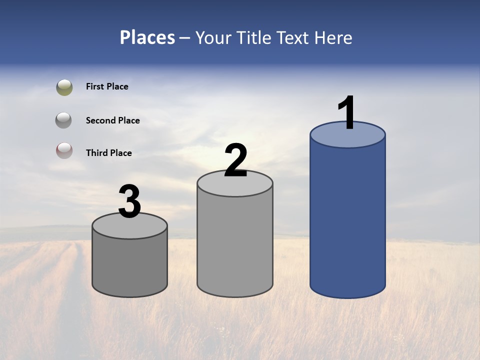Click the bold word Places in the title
[x=147, y=37]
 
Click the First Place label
[x=107, y=86]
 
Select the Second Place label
[x=112, y=120]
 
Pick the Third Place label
[x=108, y=153]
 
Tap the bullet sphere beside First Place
[x=64, y=87]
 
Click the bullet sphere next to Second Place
[x=64, y=120]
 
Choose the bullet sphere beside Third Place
[x=64, y=150]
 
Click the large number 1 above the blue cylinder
[x=346, y=113]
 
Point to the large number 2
[x=235, y=160]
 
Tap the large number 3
[x=129, y=201]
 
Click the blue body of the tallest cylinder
[x=347, y=220]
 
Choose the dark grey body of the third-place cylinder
[x=130, y=265]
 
